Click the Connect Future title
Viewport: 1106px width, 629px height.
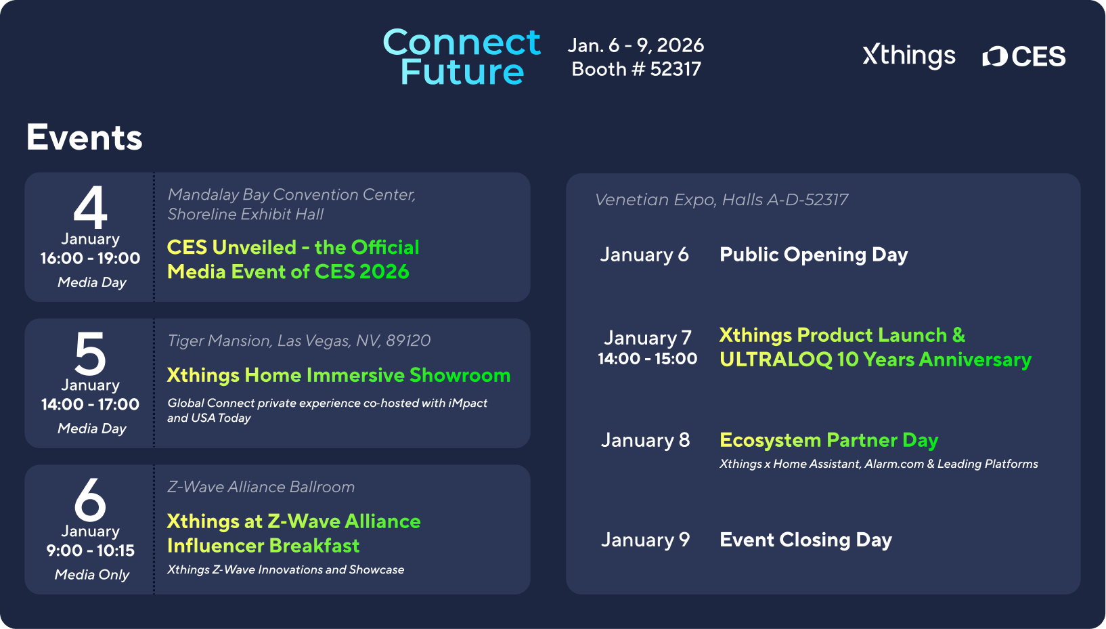[x=462, y=56]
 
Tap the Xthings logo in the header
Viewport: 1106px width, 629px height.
[x=909, y=56]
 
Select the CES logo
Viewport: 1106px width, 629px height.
[x=1024, y=56]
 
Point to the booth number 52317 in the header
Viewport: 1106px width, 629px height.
[x=676, y=69]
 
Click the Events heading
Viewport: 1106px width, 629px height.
[x=85, y=137]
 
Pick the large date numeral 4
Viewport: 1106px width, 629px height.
[x=90, y=207]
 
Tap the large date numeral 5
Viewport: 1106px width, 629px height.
[x=90, y=353]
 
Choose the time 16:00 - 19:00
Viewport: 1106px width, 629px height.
[x=90, y=258]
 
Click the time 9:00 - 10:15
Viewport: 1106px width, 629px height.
[x=90, y=550]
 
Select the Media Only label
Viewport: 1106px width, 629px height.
[x=92, y=575]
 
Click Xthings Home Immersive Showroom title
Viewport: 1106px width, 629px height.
[x=338, y=375]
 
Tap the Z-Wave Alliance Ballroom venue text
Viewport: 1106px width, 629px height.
[x=261, y=487]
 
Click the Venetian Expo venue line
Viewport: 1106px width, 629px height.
[x=722, y=200]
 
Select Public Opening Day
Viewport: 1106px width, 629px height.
[x=814, y=255]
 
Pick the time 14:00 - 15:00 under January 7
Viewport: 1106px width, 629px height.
[x=647, y=358]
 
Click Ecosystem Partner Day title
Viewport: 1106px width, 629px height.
[x=829, y=440]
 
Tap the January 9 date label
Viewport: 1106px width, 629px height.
[x=645, y=540]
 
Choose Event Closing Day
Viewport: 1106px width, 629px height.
[x=805, y=540]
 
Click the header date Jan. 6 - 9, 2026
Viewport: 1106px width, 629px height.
[x=636, y=45]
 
